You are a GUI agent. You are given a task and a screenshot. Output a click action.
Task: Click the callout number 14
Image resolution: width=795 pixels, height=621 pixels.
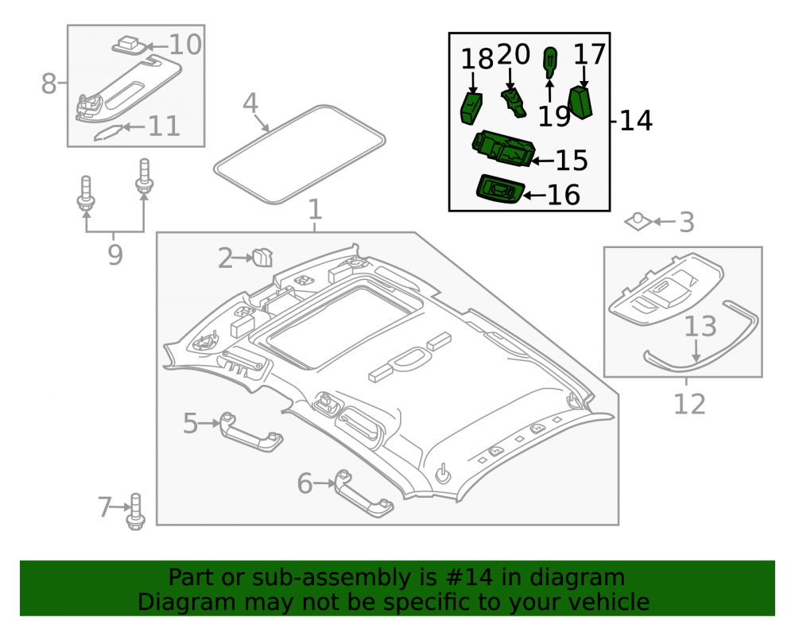(x=636, y=121)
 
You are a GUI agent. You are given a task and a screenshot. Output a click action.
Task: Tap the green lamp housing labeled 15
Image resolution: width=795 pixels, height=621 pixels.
(x=503, y=149)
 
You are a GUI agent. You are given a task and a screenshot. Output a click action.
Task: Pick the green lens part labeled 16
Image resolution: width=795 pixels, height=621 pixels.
(x=499, y=189)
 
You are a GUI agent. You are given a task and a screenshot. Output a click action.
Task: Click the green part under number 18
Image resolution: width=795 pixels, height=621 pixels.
(x=471, y=108)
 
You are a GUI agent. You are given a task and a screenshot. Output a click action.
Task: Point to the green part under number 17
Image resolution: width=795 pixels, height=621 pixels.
(x=580, y=103)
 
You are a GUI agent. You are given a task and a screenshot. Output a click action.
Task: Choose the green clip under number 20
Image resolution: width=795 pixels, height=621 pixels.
(x=514, y=102)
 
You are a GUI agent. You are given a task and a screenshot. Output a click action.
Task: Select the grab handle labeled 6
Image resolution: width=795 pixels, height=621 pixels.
(x=363, y=494)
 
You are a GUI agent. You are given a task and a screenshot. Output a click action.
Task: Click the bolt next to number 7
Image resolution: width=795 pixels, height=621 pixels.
(x=135, y=512)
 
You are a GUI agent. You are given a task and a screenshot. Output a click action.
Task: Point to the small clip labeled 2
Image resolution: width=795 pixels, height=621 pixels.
(x=262, y=258)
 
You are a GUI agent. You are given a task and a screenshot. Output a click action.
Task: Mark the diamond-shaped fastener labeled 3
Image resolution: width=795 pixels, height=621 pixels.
(x=638, y=221)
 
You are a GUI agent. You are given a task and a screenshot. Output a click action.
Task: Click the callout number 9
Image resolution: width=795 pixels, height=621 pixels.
(x=115, y=254)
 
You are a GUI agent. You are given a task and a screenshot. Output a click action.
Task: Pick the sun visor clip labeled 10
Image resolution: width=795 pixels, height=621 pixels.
(x=130, y=45)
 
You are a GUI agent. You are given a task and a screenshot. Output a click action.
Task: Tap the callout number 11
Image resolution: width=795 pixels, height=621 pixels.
(x=164, y=126)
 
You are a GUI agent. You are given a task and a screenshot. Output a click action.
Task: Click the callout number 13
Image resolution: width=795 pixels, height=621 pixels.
(x=700, y=327)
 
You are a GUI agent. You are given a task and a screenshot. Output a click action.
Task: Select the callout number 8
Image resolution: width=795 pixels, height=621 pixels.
(x=48, y=83)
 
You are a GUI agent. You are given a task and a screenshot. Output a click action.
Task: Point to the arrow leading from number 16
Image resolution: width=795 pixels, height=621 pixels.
(x=534, y=195)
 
